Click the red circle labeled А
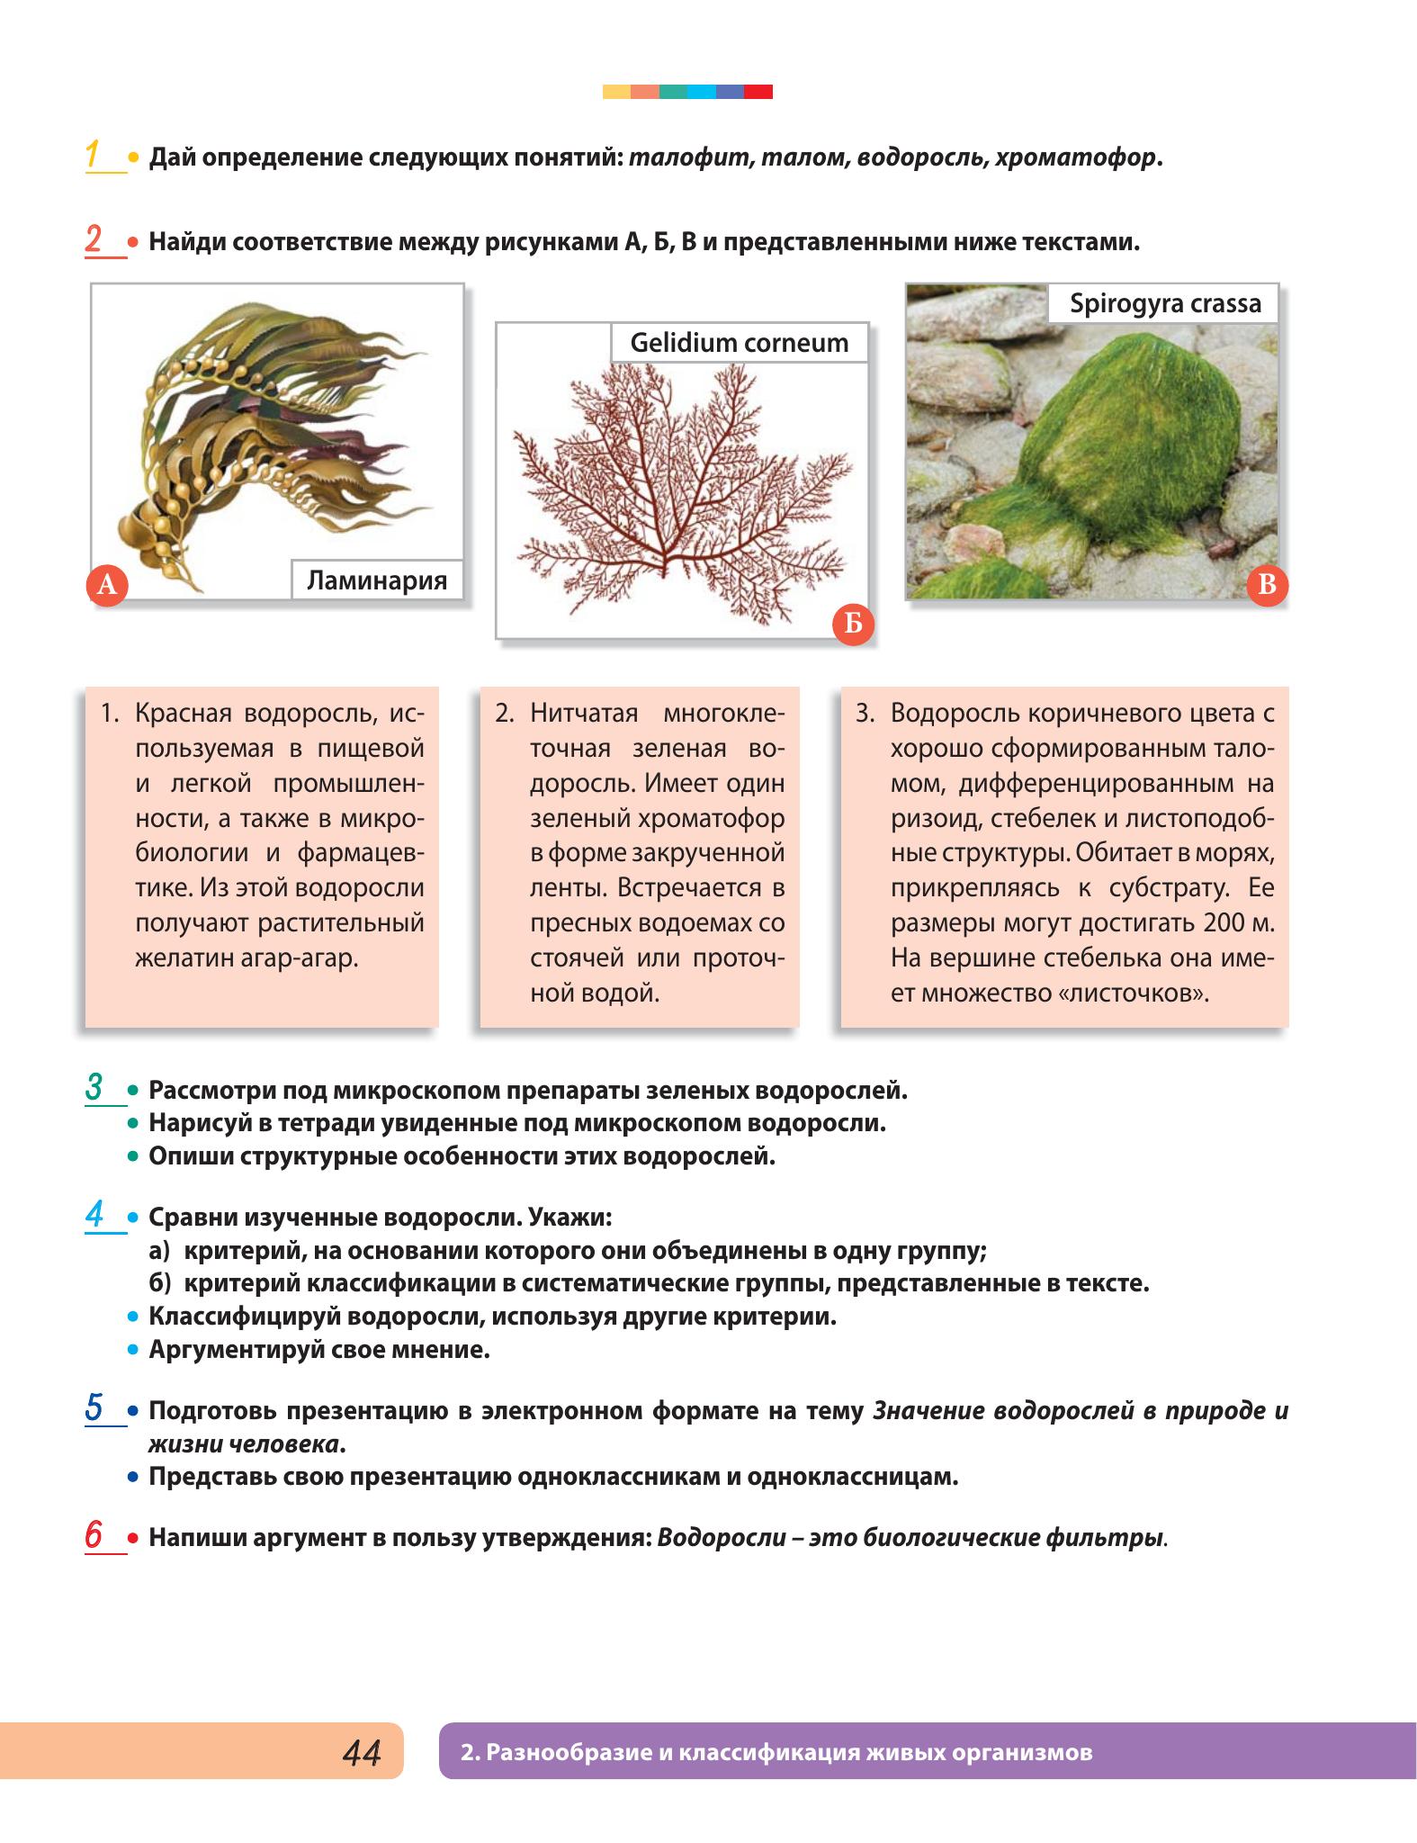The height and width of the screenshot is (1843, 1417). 107,585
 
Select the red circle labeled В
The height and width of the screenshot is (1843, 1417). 1268,585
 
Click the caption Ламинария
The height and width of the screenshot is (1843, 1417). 377,580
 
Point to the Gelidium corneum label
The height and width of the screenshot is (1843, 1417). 740,343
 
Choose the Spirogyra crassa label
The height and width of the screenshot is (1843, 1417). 1166,303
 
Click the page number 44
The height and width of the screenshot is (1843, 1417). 362,1752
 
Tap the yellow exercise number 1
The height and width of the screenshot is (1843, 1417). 93,154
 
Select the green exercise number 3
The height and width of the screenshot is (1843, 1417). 94,1087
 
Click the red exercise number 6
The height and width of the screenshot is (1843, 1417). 94,1534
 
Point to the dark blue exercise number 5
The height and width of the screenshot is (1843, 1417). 94,1407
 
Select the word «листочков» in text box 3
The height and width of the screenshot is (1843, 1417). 1132,993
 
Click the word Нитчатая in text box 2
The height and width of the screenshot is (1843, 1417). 584,714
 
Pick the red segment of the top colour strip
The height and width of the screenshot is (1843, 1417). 758,92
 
